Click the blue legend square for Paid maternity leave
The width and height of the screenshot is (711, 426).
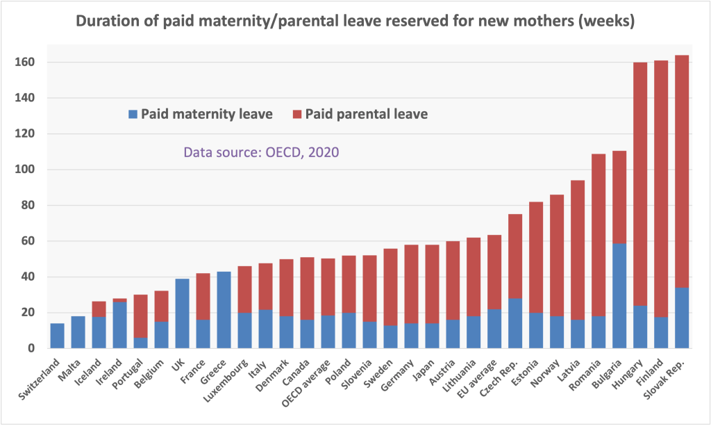coord(132,113)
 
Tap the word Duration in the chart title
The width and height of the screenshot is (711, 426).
coord(107,22)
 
